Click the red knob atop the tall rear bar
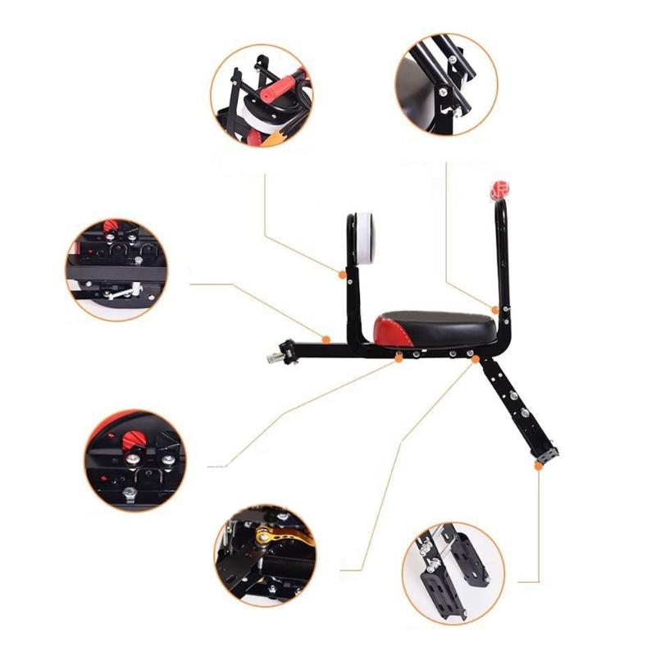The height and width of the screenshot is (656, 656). coord(498,191)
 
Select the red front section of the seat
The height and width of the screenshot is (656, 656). coord(386,332)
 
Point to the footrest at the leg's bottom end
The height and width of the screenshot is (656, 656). coord(545,452)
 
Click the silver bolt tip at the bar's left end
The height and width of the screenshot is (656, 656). coord(271,358)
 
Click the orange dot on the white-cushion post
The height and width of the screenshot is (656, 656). coord(343,274)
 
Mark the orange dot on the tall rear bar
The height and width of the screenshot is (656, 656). coord(495,309)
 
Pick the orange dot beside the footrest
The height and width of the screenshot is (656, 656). coord(537,466)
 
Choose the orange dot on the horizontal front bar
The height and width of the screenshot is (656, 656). coord(326,339)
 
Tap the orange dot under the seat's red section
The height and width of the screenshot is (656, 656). coord(399,358)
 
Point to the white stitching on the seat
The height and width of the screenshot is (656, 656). coord(403,335)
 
